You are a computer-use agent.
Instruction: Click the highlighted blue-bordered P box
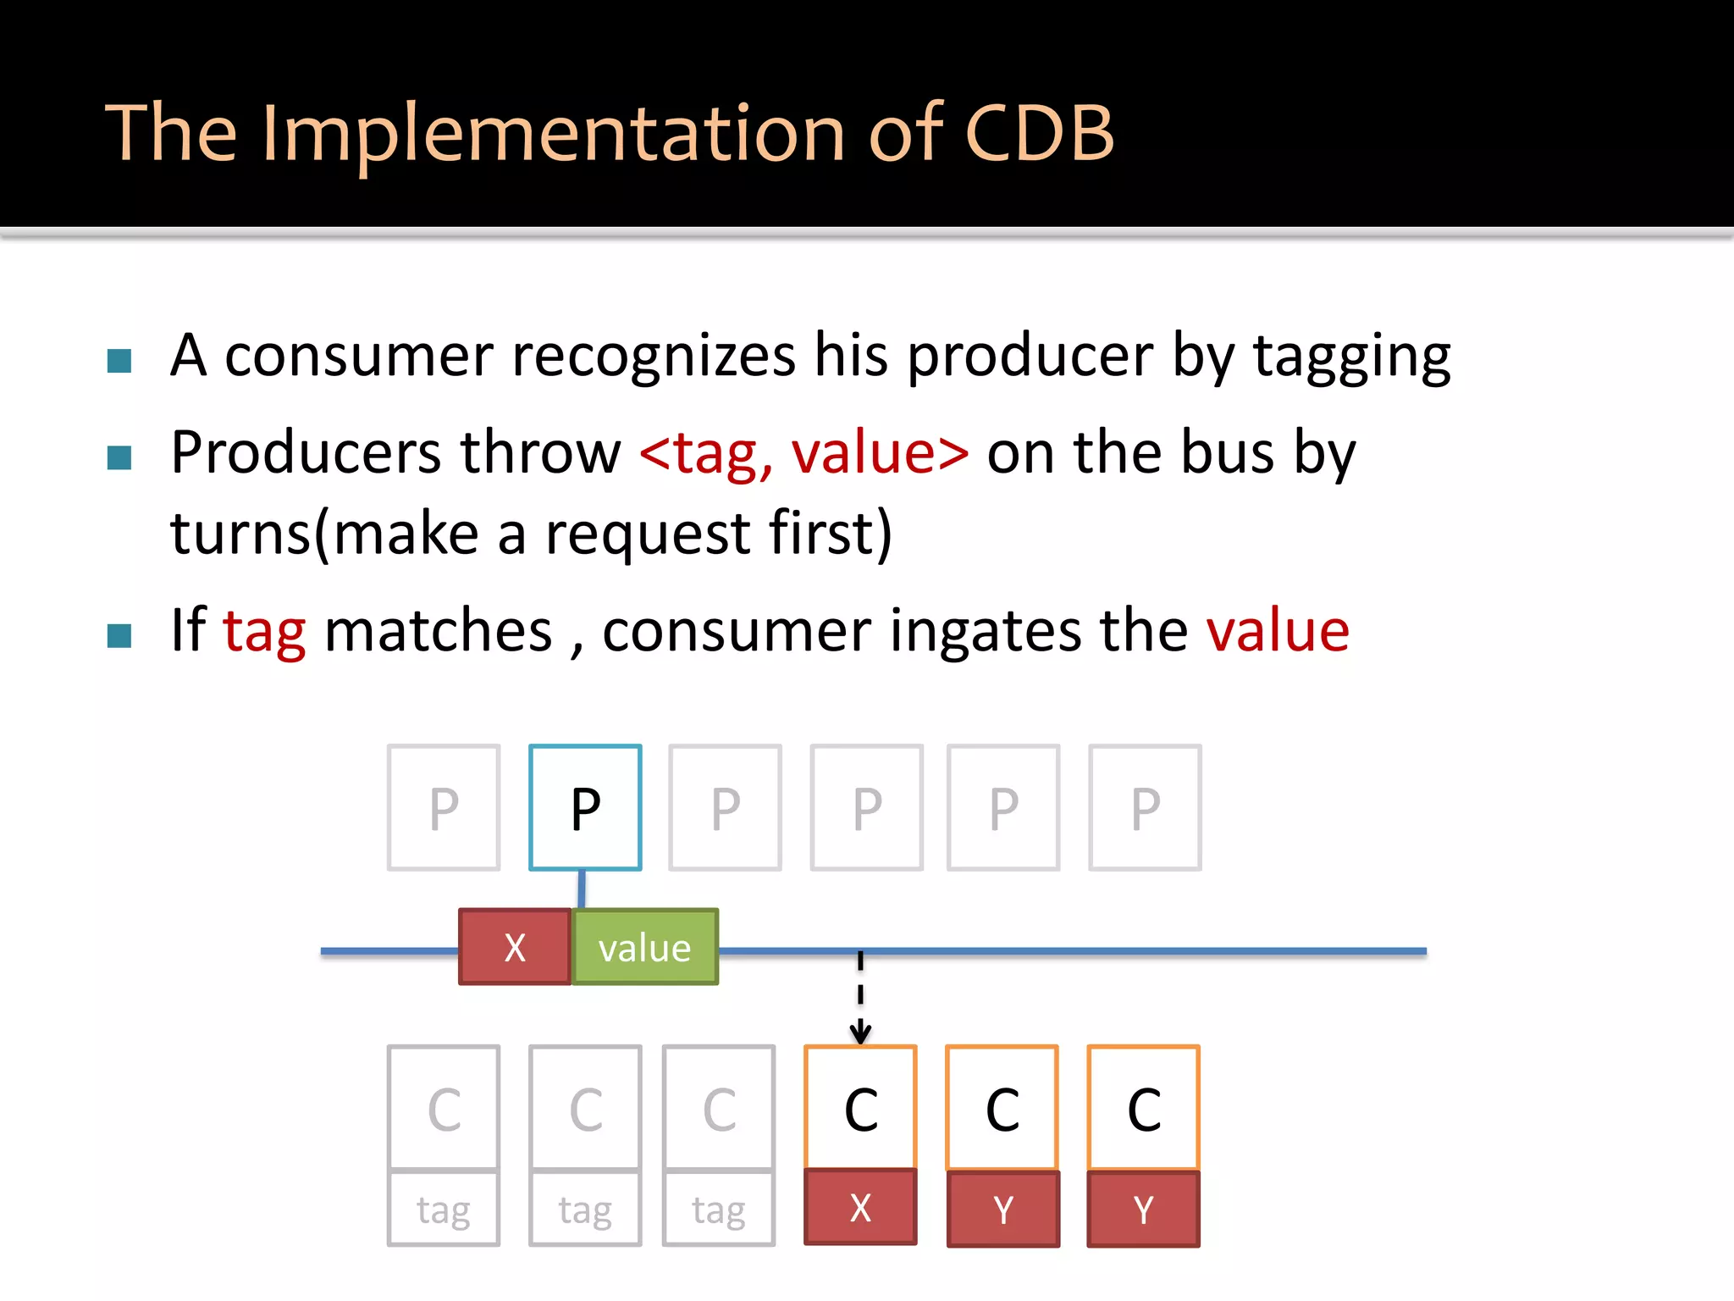[585, 807]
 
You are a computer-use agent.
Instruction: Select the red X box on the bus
[515, 947]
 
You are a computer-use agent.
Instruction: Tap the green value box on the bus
[645, 947]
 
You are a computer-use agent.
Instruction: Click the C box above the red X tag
[860, 1108]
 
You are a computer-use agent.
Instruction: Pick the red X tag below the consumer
[860, 1208]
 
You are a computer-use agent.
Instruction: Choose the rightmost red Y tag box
[1143, 1210]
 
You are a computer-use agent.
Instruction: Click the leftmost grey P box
[444, 807]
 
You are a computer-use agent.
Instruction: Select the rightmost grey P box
[1145, 807]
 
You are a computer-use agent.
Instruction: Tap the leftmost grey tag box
[444, 1210]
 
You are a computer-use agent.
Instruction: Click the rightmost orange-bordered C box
[1143, 1108]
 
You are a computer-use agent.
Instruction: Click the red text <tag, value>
[803, 453]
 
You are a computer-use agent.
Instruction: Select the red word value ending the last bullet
[1278, 631]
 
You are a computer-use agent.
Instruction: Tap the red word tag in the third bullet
[264, 631]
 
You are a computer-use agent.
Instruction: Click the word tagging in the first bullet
[1352, 356]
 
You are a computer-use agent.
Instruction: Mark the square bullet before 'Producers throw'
[119, 458]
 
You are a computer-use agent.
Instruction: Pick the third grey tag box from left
[719, 1210]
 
